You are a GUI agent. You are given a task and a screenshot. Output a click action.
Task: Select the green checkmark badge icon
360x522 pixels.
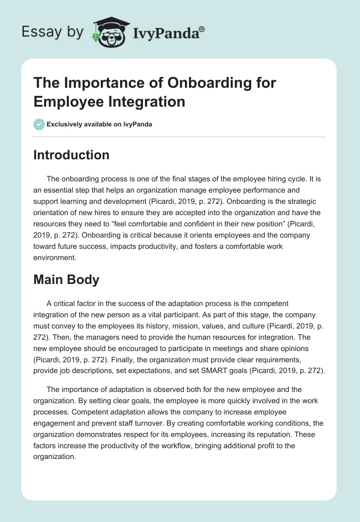coord(39,124)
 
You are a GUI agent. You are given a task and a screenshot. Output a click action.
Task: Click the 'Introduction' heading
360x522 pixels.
coord(72,155)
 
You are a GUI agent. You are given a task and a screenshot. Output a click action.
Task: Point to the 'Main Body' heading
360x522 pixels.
coord(66,279)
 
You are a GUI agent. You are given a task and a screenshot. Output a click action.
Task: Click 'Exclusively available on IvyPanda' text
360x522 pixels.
coord(99,124)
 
